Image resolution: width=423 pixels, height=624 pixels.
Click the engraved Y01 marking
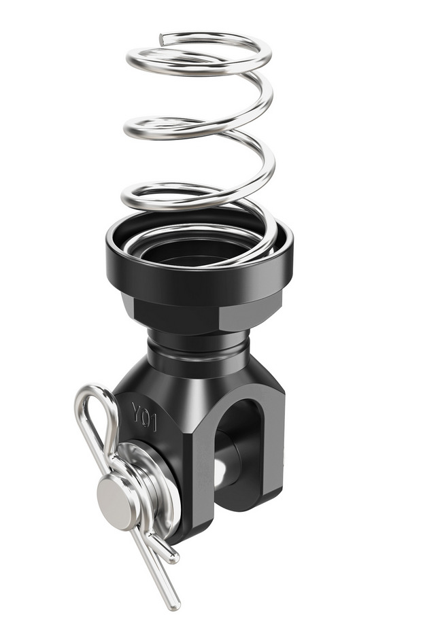pyautogui.click(x=144, y=416)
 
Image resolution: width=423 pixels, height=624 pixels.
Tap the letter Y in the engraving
pyautogui.click(x=136, y=411)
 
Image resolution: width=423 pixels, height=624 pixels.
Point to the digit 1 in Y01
pyautogui.click(x=154, y=423)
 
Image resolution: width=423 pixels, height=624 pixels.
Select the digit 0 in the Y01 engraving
pyautogui.click(x=146, y=417)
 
